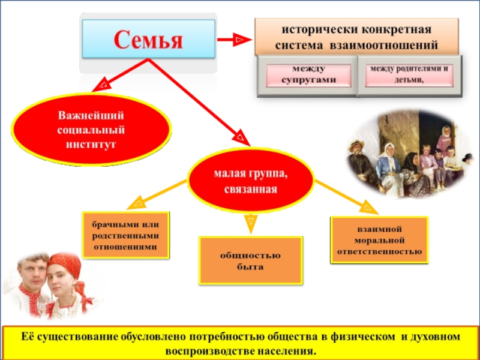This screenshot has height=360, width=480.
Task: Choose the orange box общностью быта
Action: click(x=251, y=260)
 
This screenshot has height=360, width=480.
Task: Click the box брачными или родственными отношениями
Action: click(x=125, y=235)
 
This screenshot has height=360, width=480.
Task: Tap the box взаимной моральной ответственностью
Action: click(x=379, y=240)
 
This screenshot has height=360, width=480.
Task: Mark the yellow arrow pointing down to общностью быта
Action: click(x=251, y=223)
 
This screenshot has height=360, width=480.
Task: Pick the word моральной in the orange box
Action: click(x=379, y=240)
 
